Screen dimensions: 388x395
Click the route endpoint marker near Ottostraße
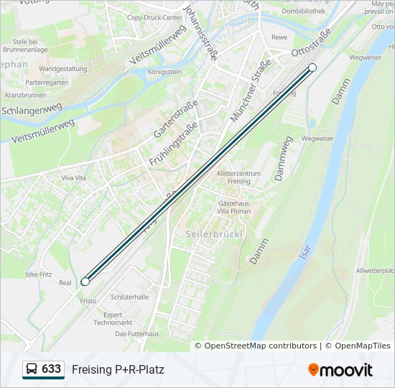312,68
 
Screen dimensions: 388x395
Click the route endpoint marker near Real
85,282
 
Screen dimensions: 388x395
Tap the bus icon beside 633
32,369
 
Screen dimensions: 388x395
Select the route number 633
51,369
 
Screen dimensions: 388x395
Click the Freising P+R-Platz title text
118,370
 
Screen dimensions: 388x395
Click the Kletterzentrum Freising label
233,177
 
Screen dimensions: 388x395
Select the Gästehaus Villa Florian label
233,208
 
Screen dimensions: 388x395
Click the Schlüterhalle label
130,297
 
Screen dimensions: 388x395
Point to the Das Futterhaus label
136,334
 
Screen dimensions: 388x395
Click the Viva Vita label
73,177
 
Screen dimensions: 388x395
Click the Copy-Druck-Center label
154,17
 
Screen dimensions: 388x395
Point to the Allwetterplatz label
376,270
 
